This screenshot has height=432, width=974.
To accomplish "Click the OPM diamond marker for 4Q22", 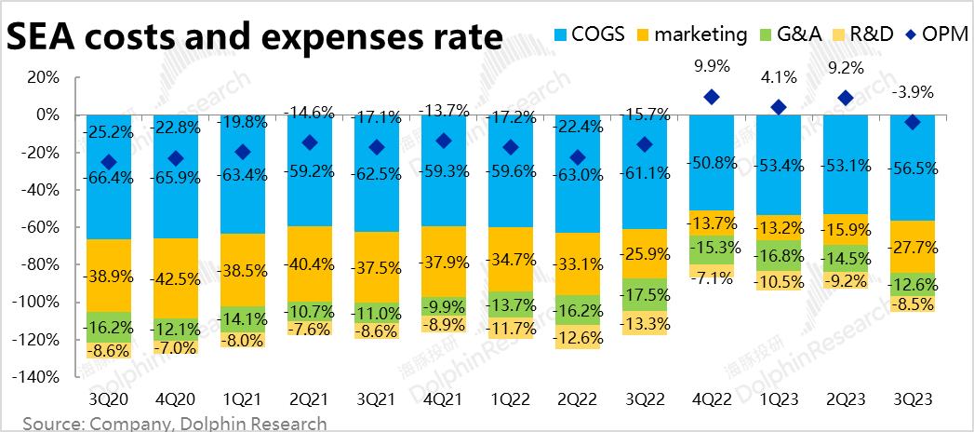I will coord(713,97).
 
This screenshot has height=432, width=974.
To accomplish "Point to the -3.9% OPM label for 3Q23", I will coord(913,92).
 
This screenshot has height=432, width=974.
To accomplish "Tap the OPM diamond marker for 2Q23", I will coord(846,98).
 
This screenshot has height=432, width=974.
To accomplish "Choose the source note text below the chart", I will coord(175,424).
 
